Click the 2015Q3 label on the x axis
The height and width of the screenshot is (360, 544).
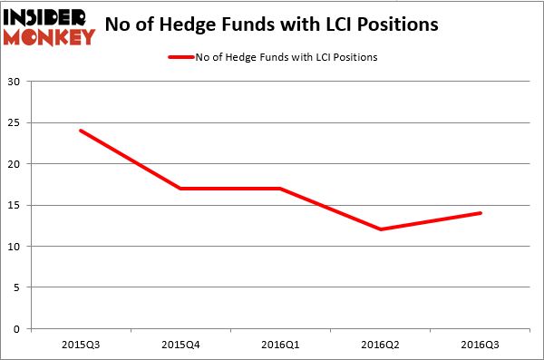point(81,345)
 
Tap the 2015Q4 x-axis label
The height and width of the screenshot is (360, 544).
point(180,345)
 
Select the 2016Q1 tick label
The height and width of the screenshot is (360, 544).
point(281,345)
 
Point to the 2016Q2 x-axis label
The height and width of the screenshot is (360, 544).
point(381,345)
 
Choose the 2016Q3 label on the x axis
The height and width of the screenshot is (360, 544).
point(481,345)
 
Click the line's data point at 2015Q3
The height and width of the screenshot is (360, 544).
point(81,131)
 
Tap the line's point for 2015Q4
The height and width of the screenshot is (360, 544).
point(180,189)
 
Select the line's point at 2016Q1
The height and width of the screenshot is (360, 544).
point(281,189)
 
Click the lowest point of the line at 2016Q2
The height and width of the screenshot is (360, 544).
point(381,229)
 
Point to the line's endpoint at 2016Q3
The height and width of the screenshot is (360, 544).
point(481,213)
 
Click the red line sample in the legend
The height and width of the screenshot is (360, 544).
point(181,57)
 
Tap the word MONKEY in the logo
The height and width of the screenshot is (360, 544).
point(49,37)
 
